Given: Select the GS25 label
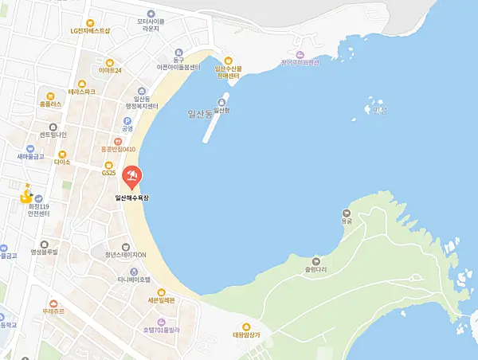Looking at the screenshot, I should [x=108, y=173].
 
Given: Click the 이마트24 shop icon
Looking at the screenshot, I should [x=109, y=61].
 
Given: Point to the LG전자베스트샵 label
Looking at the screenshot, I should [x=90, y=30].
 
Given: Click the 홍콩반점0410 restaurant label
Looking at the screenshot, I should [x=117, y=148].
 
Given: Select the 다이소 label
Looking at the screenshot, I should [x=63, y=162].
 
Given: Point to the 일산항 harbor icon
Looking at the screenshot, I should [x=221, y=101].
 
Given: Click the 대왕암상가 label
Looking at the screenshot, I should [x=246, y=335].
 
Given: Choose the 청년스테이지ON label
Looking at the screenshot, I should [x=125, y=254].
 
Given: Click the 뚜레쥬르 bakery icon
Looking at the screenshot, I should [x=53, y=303].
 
